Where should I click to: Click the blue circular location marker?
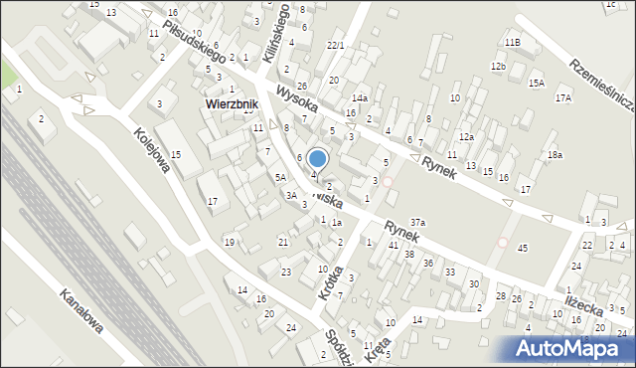(x=317, y=158)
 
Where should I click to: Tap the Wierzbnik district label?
(x=232, y=103)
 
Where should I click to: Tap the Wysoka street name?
(x=298, y=97)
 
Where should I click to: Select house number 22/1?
(x=335, y=46)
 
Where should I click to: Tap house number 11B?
(x=512, y=43)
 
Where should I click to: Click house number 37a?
(x=418, y=223)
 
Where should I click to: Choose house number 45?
(x=522, y=248)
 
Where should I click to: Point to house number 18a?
(x=555, y=155)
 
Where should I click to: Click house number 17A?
(x=563, y=98)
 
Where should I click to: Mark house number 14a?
(x=360, y=98)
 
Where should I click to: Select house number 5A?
(x=281, y=176)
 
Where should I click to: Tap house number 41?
(x=394, y=245)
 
